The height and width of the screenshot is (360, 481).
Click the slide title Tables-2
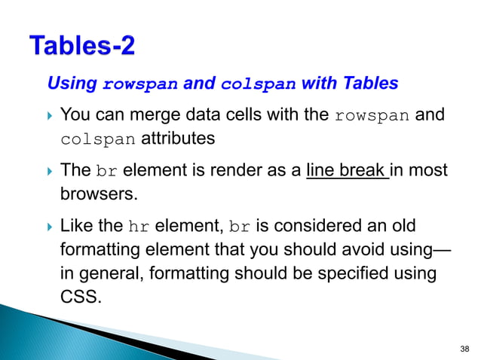(83, 46)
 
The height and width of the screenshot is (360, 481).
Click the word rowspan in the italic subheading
(140, 84)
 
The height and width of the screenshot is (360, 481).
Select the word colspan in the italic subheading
(259, 84)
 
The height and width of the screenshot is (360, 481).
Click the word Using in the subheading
(72, 84)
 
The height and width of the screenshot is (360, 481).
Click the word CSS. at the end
(79, 295)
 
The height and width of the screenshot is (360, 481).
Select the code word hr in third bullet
(139, 226)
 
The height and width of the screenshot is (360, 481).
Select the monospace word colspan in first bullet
(98, 140)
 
